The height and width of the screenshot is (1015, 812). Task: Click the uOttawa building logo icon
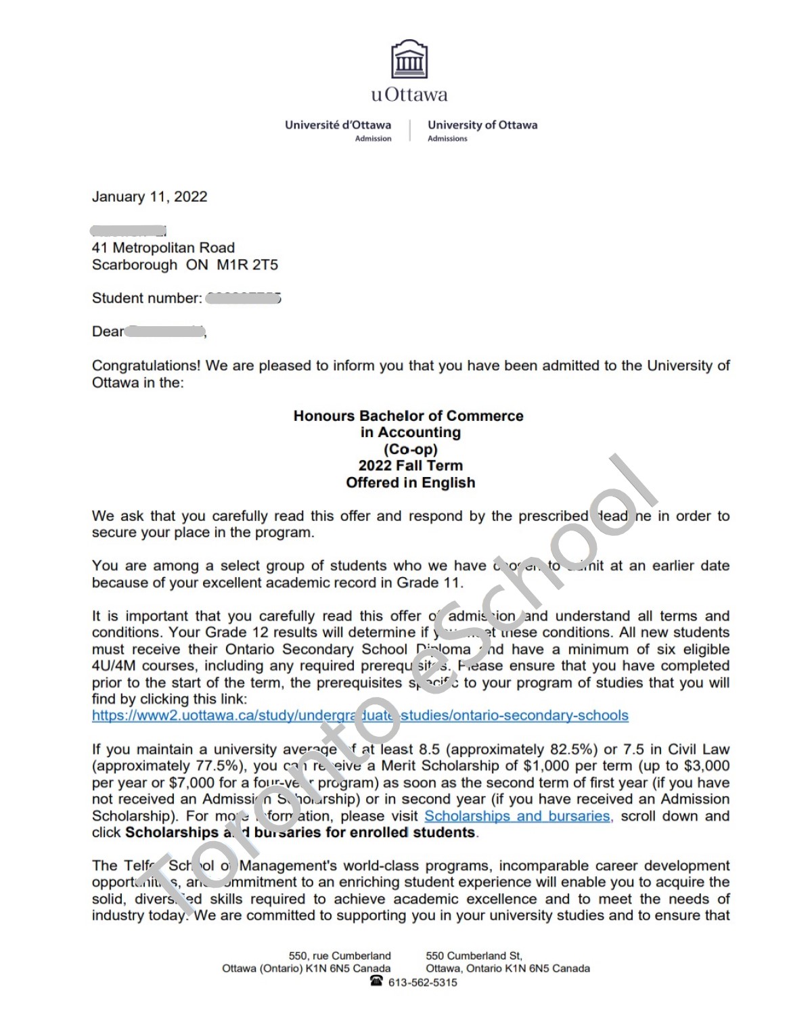click(409, 60)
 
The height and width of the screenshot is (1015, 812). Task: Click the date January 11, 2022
click(150, 197)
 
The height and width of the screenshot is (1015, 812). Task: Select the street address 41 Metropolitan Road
click(163, 248)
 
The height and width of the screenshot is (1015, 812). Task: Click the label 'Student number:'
click(147, 298)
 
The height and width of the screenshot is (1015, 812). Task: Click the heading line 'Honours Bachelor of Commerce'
click(408, 415)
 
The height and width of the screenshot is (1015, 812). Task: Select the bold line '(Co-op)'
click(410, 449)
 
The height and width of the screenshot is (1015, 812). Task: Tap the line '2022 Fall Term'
click(410, 466)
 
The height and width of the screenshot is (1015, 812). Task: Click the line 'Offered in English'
click(410, 482)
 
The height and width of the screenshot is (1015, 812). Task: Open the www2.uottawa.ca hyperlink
click(360, 715)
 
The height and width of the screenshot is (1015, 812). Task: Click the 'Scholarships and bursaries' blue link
click(518, 816)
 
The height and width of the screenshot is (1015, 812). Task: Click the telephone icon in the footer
click(377, 981)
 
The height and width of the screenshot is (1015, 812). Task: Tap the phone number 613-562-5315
click(422, 983)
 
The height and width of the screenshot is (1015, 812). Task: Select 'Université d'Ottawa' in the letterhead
click(338, 125)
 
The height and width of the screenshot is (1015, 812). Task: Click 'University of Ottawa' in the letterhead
click(482, 125)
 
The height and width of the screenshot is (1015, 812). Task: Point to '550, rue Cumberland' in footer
click(340, 955)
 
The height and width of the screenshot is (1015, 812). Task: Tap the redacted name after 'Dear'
click(165, 332)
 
